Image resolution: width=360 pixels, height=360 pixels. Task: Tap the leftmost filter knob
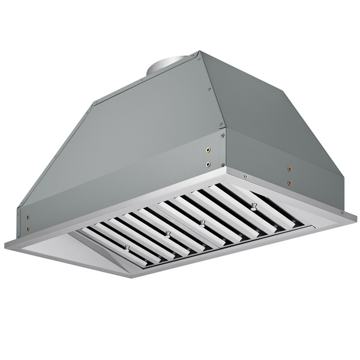[127, 248]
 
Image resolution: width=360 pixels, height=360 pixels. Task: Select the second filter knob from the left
[168, 235]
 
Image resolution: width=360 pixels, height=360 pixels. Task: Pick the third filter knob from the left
[203, 223]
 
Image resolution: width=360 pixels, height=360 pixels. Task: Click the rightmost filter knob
[254, 206]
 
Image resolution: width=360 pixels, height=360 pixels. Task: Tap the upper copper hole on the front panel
[208, 150]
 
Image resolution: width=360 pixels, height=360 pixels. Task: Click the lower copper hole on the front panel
[208, 165]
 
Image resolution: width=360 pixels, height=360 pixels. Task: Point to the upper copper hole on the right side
[290, 169]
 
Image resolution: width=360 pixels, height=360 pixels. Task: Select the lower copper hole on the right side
[290, 182]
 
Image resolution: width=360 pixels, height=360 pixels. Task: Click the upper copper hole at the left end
[28, 217]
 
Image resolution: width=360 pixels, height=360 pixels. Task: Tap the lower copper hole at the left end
[28, 228]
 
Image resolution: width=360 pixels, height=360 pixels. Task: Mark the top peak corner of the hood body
[200, 52]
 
